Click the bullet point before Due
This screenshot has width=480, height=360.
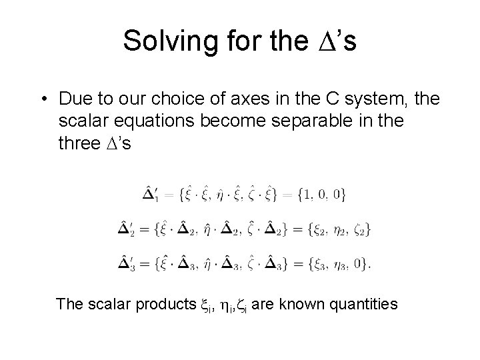[x=42, y=99]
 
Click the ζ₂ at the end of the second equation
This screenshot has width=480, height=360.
[x=360, y=230]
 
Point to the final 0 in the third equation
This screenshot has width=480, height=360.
[x=360, y=263]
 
